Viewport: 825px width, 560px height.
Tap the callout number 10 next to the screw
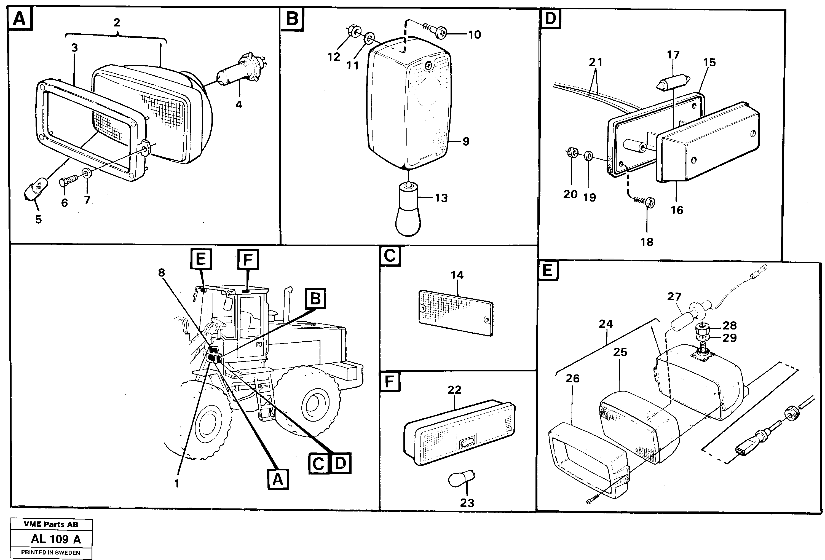[x=474, y=35]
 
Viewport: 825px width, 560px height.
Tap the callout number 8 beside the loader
[x=162, y=272]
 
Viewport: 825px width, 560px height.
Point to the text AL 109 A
[x=56, y=539]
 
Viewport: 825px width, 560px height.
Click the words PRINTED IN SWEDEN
[x=51, y=553]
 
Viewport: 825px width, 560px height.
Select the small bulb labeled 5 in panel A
[x=36, y=191]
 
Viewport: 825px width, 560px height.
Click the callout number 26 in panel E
[x=572, y=378]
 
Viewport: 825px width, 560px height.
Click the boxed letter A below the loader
[x=278, y=479]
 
